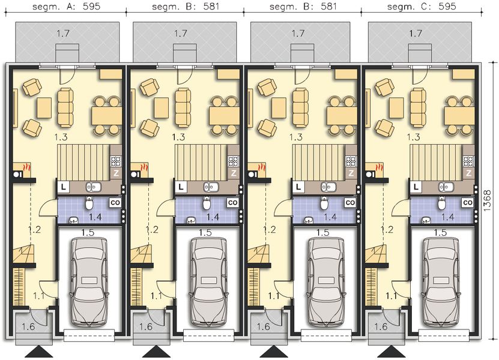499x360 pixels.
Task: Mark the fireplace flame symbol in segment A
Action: pyautogui.click(x=25, y=166)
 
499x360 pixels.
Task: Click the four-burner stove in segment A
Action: pyautogui.click(x=115, y=161)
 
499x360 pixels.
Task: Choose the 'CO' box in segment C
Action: pyautogui.click(x=467, y=203)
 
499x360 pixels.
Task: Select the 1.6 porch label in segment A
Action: pyautogui.click(x=28, y=327)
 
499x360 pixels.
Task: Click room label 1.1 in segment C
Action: pyautogui.click(x=391, y=296)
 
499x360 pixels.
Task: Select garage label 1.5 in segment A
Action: pyautogui.click(x=89, y=232)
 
